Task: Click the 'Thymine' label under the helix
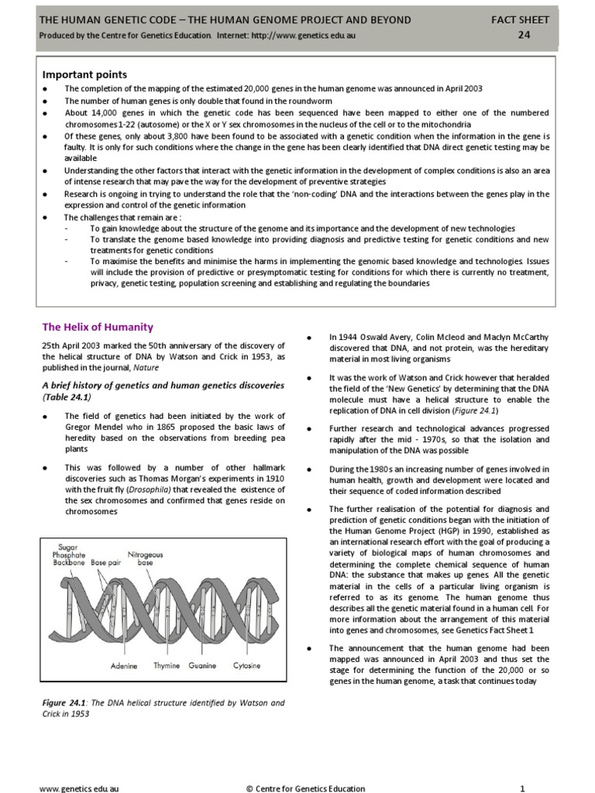[x=167, y=665]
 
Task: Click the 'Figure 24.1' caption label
[x=64, y=703]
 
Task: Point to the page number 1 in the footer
[x=523, y=788]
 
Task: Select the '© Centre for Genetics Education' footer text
[x=305, y=788]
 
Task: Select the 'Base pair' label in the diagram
[x=107, y=562]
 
